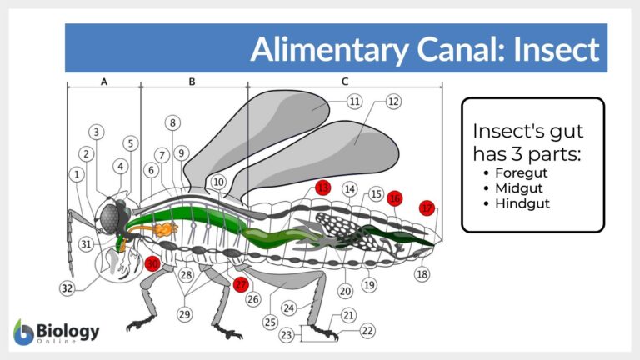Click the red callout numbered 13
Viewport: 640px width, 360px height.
[x=323, y=189]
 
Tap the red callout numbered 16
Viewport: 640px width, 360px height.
[x=395, y=198]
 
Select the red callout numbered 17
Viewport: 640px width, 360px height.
[x=427, y=209]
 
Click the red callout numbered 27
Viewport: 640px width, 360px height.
[x=241, y=283]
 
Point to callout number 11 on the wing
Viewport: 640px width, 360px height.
[x=355, y=102]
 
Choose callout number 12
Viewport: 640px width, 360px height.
[x=393, y=102]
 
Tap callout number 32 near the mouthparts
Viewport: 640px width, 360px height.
[x=67, y=288]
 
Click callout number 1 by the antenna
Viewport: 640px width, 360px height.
[x=77, y=175]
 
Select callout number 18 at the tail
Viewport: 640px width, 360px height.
[x=423, y=274]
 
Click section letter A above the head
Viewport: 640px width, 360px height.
[x=103, y=82]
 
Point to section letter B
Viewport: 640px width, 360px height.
[x=192, y=82]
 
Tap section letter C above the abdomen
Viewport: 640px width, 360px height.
[x=345, y=82]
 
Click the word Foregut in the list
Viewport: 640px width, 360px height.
[x=519, y=172]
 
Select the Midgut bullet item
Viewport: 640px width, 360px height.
[x=516, y=187]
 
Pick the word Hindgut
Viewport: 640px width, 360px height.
[x=520, y=202]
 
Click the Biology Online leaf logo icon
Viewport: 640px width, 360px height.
[x=23, y=332]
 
